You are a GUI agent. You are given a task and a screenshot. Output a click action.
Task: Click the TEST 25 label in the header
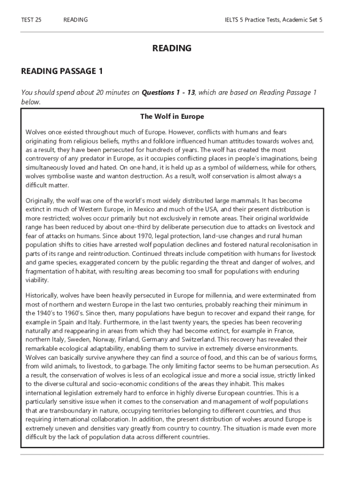coord(31,20)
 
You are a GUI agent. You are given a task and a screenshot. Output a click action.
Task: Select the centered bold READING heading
coord(172,48)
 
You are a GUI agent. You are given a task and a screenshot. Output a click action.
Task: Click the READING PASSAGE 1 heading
coord(62,71)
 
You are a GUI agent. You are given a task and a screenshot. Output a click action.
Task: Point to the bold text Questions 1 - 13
coord(168,93)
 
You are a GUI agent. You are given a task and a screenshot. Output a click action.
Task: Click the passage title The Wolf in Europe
coord(172,116)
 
